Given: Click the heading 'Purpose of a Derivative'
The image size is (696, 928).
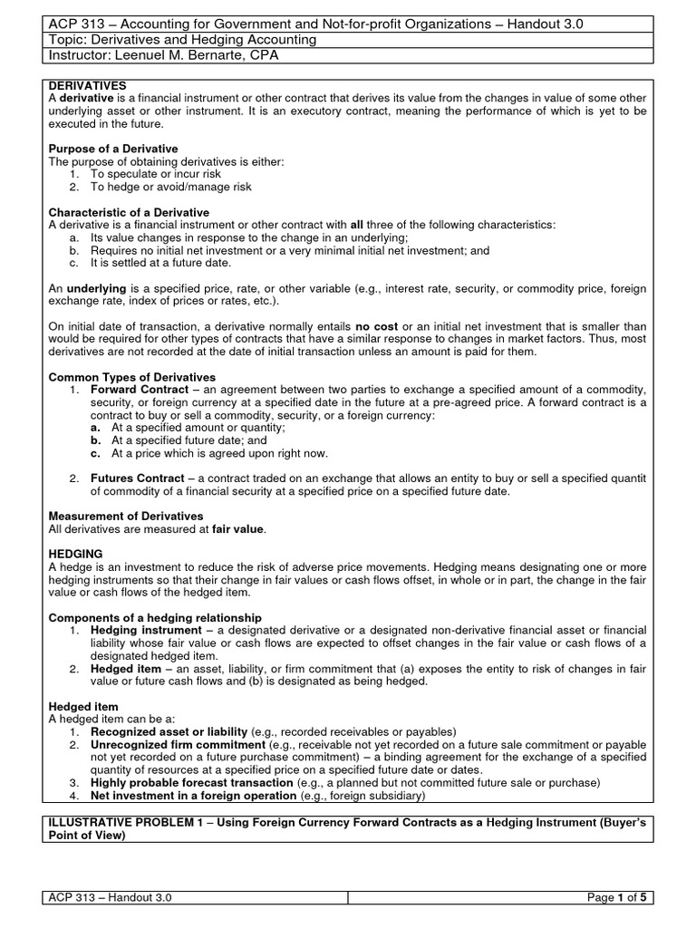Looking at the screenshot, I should coord(113,149).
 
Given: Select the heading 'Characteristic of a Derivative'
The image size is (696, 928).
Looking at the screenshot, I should coord(129,212).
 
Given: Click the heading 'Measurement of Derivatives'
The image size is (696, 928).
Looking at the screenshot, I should coord(126,516).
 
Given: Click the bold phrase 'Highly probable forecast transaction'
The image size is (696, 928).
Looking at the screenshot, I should coord(192,782).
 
